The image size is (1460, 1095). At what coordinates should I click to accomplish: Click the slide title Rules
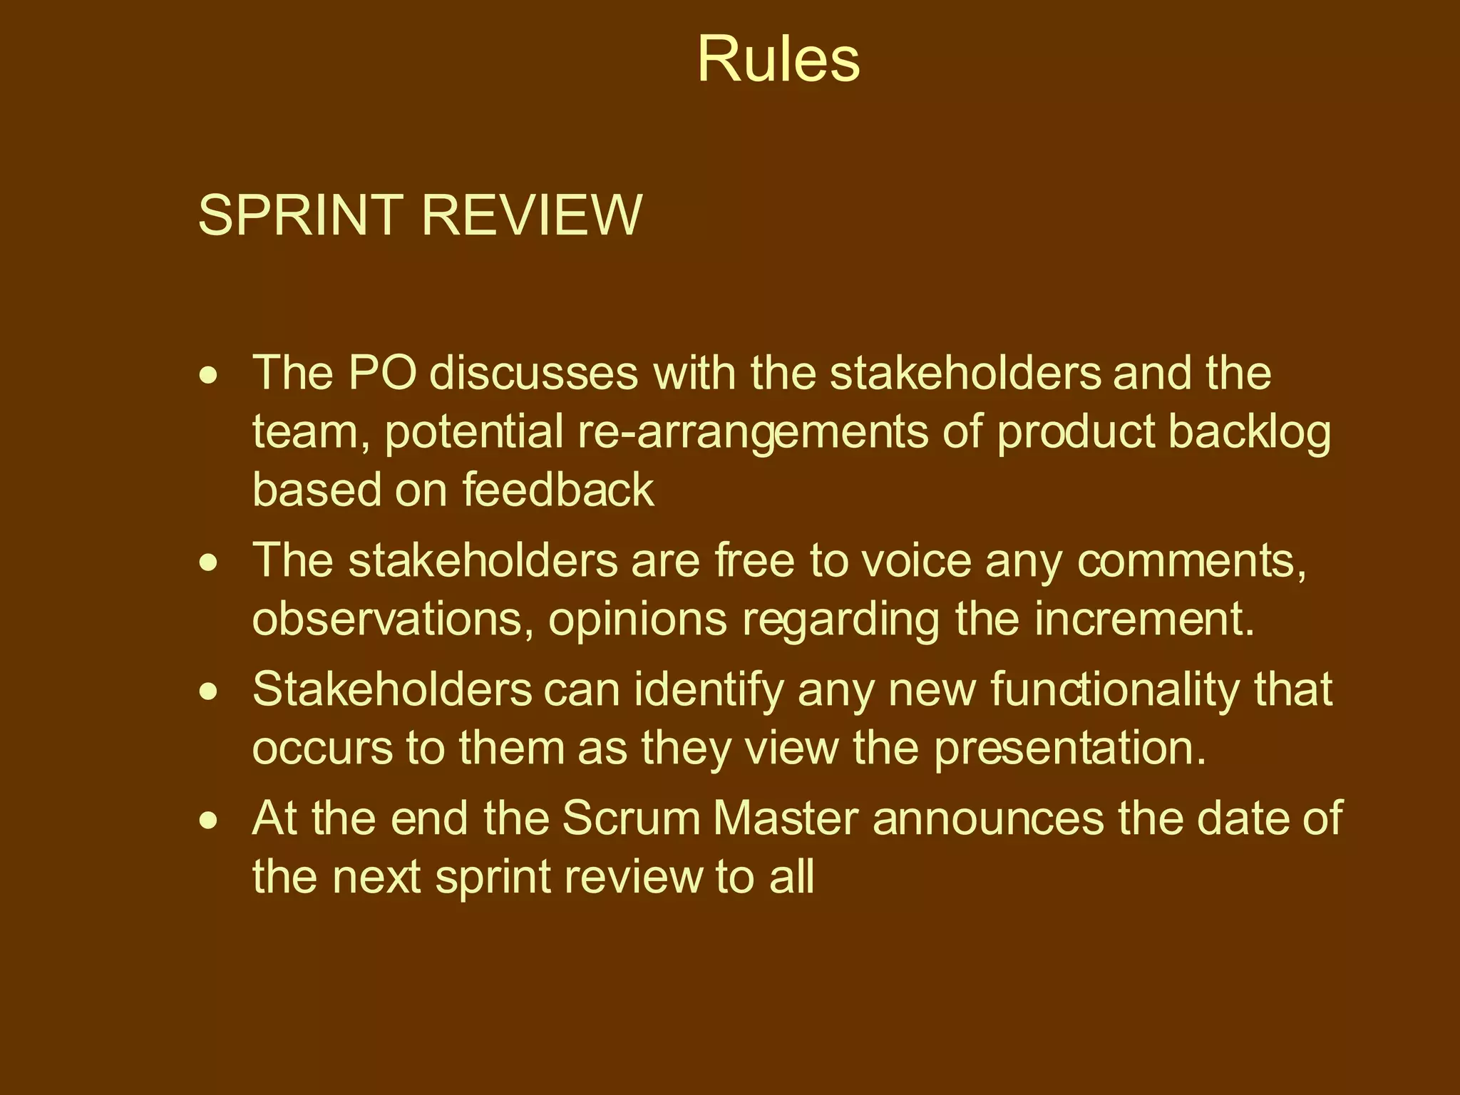tap(778, 59)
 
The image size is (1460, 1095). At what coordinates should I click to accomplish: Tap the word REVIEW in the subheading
tap(532, 215)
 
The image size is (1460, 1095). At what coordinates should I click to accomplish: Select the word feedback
tap(557, 490)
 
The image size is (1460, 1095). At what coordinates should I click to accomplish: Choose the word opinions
tap(637, 620)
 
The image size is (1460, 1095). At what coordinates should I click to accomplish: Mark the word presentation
tap(1070, 749)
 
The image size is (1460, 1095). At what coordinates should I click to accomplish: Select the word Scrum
tap(632, 818)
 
